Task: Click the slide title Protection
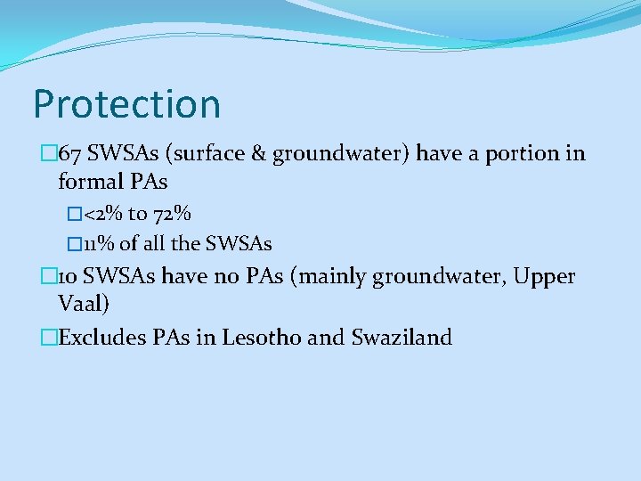(x=126, y=104)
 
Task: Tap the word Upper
(x=545, y=277)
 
